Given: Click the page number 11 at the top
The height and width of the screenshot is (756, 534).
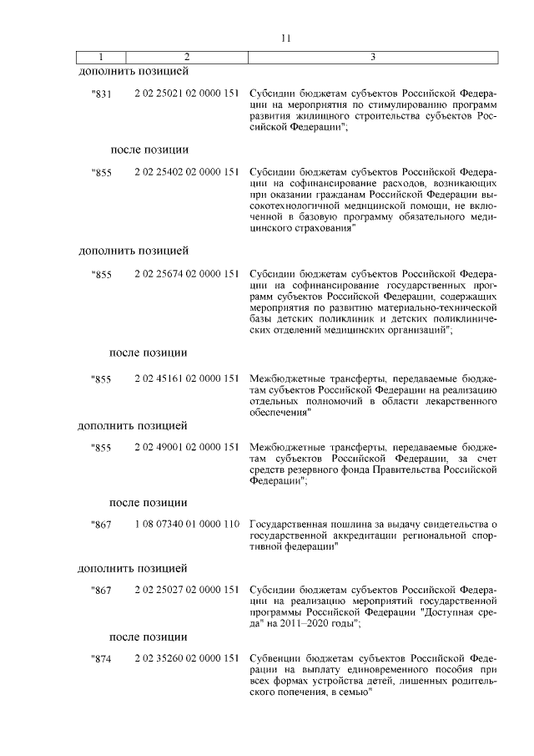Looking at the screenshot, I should pyautogui.click(x=285, y=38).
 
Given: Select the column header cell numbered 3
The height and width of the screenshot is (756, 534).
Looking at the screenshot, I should pyautogui.click(x=372, y=57).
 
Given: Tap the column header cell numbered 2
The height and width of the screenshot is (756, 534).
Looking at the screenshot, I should pyautogui.click(x=186, y=57).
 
